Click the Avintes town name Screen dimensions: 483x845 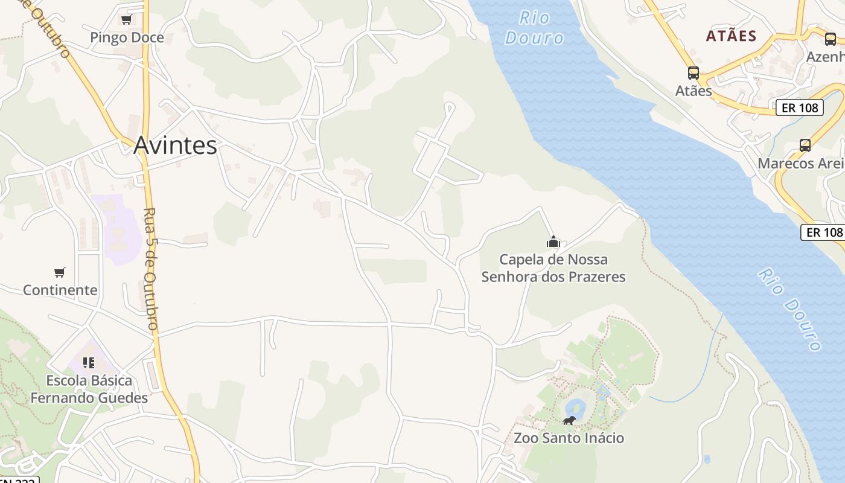point(175,146)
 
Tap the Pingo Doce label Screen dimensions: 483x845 point(127,37)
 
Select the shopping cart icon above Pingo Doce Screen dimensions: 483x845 point(126,19)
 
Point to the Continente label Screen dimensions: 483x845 point(60,290)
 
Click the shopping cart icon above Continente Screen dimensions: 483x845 point(59,272)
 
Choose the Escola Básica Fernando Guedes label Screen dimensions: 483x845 point(89,389)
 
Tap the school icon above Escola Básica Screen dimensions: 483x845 point(89,363)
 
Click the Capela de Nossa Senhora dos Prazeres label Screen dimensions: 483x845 point(553,268)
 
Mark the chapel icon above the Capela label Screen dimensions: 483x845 point(553,242)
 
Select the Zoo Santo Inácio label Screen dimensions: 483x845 point(569,438)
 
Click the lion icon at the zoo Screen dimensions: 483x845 point(569,420)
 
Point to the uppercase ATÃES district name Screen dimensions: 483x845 point(731,36)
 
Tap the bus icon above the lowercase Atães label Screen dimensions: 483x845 point(694,73)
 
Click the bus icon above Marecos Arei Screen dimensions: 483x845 point(805,145)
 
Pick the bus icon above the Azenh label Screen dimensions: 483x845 point(831,39)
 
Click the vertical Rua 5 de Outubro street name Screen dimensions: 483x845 point(151,269)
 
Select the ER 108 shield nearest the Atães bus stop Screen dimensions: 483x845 point(800,107)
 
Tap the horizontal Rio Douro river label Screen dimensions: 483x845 point(534,28)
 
